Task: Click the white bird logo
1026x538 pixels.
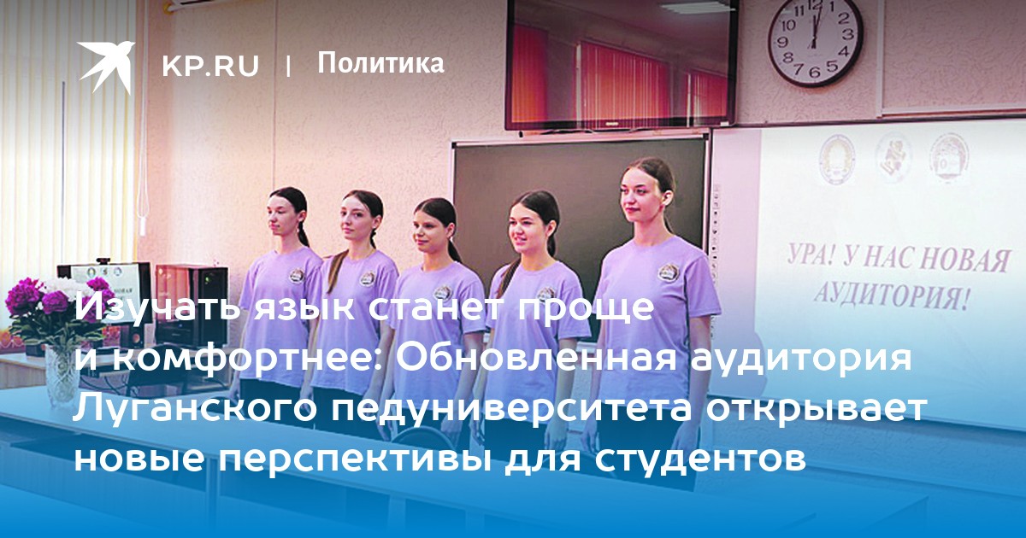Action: [106, 67]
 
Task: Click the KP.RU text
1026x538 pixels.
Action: [210, 66]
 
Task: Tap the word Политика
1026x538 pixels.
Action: [380, 63]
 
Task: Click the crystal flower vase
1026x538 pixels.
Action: [62, 376]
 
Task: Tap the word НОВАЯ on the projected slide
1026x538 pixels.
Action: [966, 260]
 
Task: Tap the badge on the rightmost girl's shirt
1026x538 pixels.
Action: [668, 272]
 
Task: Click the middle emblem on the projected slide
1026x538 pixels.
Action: [893, 158]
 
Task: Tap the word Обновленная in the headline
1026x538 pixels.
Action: [536, 358]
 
